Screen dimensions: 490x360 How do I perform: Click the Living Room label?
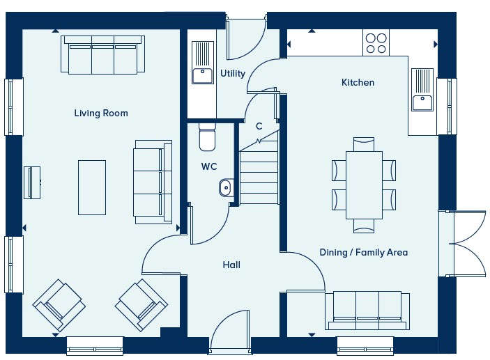pos(101,113)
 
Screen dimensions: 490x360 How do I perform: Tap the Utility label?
pos(233,73)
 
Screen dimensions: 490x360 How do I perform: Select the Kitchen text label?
pos(358,82)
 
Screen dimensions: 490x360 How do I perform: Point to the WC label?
pos(209,166)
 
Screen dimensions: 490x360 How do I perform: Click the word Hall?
pos(231,265)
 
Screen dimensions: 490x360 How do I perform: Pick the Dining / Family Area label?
pos(364,252)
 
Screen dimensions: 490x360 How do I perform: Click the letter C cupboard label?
pos(259,126)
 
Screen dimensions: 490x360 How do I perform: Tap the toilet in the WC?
pos(207,136)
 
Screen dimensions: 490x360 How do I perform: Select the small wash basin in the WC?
pos(227,187)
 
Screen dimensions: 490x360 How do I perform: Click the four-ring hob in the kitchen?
pos(376,43)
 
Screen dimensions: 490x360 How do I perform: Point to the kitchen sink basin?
pos(422,102)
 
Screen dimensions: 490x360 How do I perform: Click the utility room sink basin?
pos(203,76)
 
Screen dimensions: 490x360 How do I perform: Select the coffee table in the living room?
pos(92,187)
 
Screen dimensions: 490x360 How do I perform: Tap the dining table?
pos(364,185)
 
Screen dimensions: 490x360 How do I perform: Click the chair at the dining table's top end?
pos(364,144)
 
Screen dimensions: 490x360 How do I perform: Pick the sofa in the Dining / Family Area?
pos(367,311)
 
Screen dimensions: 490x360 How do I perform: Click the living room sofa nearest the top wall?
pos(103,55)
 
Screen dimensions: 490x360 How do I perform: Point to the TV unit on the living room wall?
pos(32,182)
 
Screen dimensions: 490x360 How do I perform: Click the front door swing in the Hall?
pos(230,331)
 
